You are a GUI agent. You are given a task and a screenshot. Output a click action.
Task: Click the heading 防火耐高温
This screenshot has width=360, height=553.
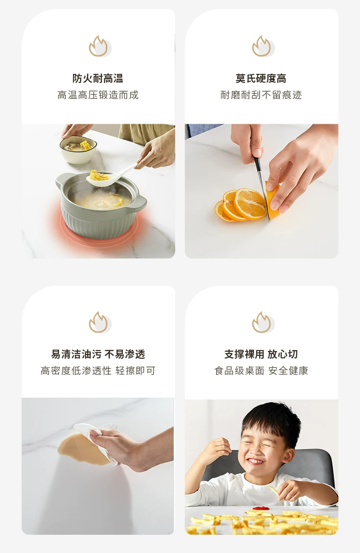click(x=98, y=78)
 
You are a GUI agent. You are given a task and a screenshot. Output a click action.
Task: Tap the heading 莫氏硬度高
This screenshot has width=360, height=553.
click(x=261, y=78)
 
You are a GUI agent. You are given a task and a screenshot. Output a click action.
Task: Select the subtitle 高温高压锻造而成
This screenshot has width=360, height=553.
click(x=98, y=95)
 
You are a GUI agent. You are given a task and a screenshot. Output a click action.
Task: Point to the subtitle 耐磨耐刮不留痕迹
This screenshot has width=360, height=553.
click(x=261, y=95)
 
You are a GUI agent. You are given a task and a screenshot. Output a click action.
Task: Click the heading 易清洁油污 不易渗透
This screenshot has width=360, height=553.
click(x=98, y=354)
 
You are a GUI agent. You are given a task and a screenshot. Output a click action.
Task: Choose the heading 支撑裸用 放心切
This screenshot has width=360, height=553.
click(x=261, y=354)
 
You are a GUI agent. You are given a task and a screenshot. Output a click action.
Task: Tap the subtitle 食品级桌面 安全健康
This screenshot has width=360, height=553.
click(x=261, y=371)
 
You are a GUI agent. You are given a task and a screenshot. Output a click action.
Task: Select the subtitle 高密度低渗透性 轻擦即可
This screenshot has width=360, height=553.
click(x=98, y=371)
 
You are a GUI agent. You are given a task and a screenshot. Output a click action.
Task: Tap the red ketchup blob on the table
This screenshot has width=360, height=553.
click(x=261, y=508)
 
